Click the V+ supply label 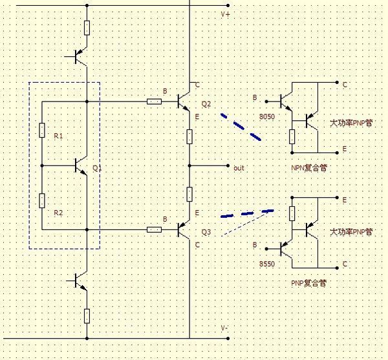click(225, 14)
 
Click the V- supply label click(224, 328)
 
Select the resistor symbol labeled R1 click(41, 130)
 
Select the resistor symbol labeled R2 click(41, 200)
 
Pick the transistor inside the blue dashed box click(81, 165)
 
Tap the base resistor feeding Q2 click(154, 101)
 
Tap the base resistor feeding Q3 click(154, 229)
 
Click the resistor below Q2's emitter click(189, 136)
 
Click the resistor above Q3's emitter click(189, 194)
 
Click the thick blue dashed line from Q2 click(241, 127)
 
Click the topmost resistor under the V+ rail click(87, 27)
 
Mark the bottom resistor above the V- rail click(87, 315)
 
